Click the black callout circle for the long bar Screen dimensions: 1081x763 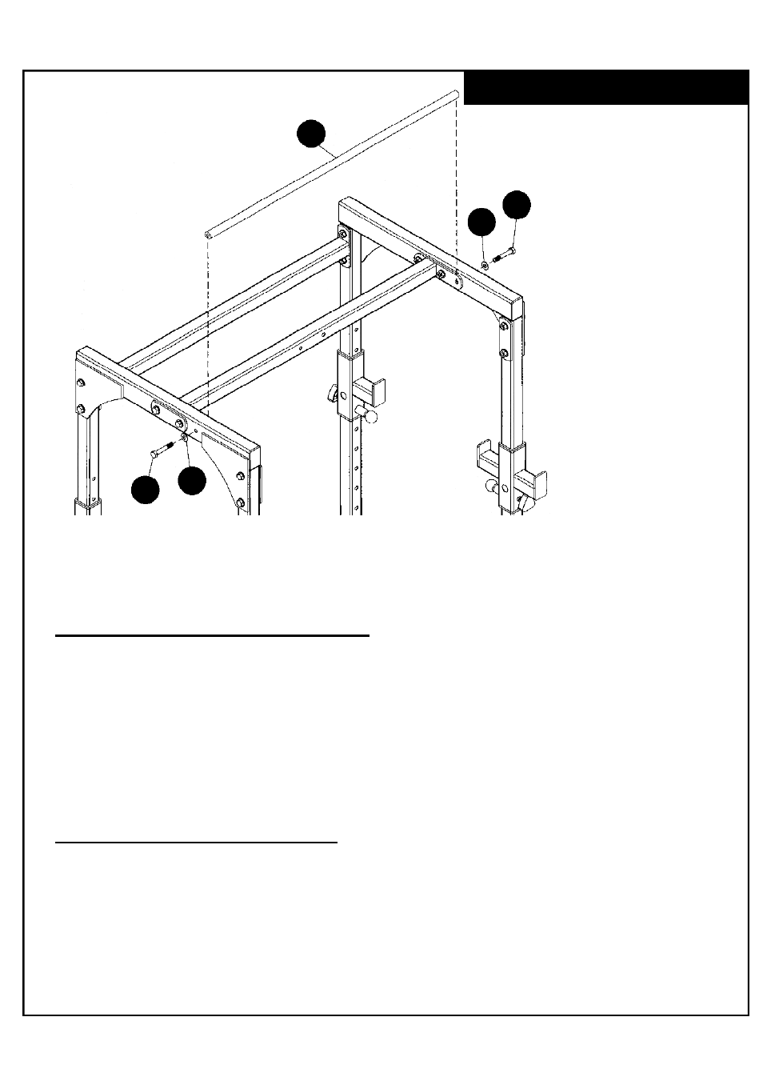click(x=311, y=134)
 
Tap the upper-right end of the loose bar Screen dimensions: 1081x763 click(x=456, y=95)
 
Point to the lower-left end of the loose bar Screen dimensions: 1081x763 click(x=208, y=234)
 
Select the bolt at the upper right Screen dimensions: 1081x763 click(x=505, y=255)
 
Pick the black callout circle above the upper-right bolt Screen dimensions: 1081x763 click(x=516, y=204)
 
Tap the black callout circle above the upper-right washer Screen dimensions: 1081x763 click(x=481, y=222)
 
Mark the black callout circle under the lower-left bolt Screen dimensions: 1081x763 click(x=145, y=490)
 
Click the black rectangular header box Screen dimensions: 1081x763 click(x=605, y=88)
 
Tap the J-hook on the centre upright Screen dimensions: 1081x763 click(x=371, y=390)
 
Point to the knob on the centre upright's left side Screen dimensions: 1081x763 click(x=330, y=394)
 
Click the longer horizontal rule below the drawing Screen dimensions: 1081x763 click(x=212, y=637)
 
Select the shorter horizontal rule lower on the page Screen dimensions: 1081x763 click(x=196, y=842)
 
